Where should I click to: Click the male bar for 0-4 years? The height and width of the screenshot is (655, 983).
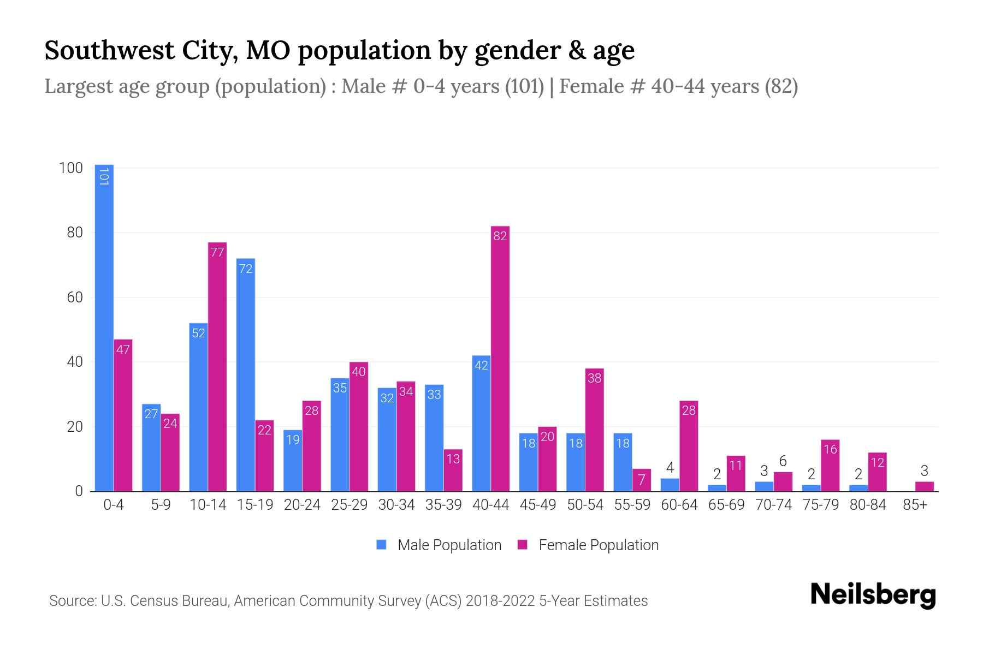(104, 327)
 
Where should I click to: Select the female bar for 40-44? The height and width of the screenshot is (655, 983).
(500, 359)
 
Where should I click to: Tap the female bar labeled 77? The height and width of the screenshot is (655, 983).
(217, 367)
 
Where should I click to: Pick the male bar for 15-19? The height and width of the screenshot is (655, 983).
(245, 375)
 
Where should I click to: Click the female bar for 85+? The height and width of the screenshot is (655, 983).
(924, 486)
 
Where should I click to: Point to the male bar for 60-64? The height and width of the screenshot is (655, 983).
(670, 485)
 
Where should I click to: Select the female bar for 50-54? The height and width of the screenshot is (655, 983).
(594, 430)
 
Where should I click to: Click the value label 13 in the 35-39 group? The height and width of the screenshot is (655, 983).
(453, 459)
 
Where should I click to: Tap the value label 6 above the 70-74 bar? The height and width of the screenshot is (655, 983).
(783, 461)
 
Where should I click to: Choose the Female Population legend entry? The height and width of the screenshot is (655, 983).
(588, 545)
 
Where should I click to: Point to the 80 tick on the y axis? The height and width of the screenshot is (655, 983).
(74, 233)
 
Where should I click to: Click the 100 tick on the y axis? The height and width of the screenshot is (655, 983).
(70, 168)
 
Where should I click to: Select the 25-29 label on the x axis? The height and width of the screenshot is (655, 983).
(349, 505)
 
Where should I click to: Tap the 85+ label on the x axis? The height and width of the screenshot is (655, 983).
(915, 505)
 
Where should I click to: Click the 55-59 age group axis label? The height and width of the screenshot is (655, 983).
(632, 505)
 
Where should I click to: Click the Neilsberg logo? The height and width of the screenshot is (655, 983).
(873, 595)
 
